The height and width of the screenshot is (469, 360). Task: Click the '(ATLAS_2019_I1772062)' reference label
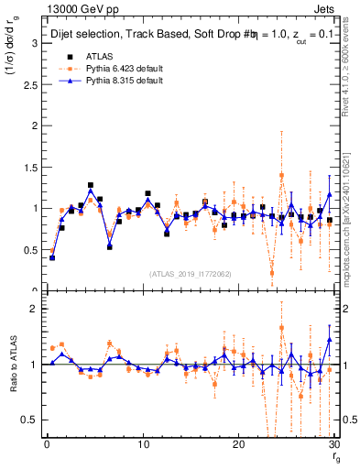click(x=190, y=274)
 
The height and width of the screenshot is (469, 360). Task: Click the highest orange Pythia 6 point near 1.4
click(x=281, y=175)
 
